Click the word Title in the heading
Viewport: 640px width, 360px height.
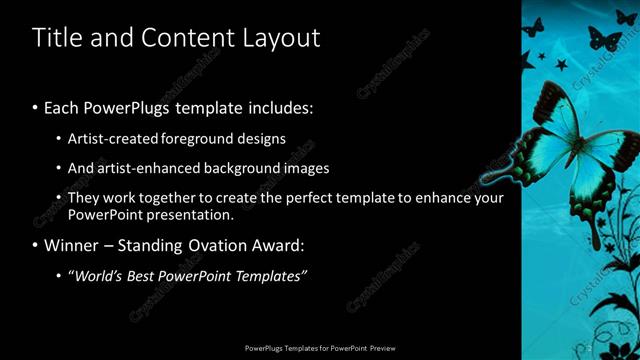[x=55, y=38]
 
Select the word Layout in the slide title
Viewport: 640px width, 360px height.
[x=282, y=38]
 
